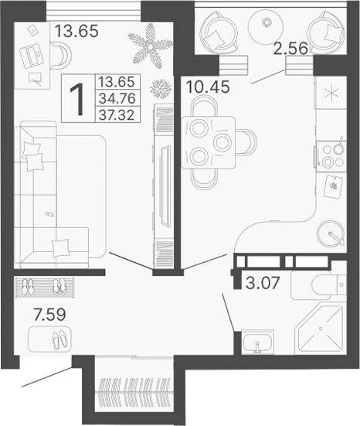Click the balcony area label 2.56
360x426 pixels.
(x=290, y=48)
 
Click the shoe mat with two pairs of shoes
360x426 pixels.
(x=43, y=287)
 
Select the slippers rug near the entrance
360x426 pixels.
(x=49, y=339)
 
